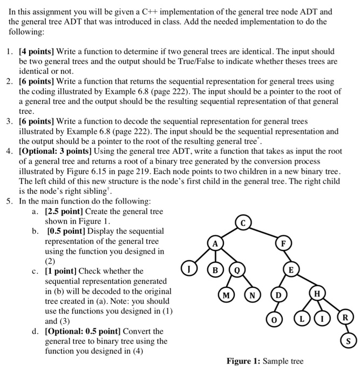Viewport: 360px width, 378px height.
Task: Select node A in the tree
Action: (215, 244)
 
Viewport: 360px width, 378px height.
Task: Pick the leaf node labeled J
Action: (188, 266)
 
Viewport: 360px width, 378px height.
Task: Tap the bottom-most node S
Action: (349, 341)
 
